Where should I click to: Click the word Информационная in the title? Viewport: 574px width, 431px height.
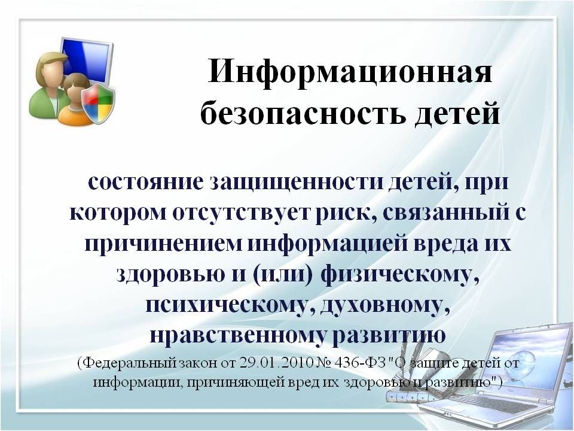(x=350, y=71)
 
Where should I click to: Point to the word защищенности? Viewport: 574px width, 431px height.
(x=294, y=183)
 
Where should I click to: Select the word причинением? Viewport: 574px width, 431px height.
(x=163, y=244)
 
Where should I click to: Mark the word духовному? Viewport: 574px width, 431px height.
(x=385, y=305)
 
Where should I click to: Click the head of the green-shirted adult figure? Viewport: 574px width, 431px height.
(x=50, y=68)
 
